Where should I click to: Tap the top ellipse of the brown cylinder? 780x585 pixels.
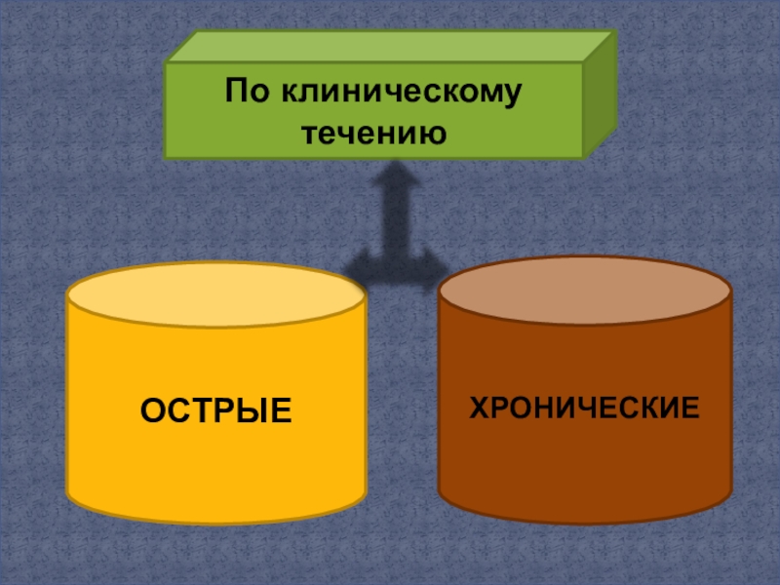(x=584, y=291)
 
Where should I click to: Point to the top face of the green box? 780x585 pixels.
(x=390, y=47)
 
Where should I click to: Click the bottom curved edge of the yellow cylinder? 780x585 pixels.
(x=216, y=522)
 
